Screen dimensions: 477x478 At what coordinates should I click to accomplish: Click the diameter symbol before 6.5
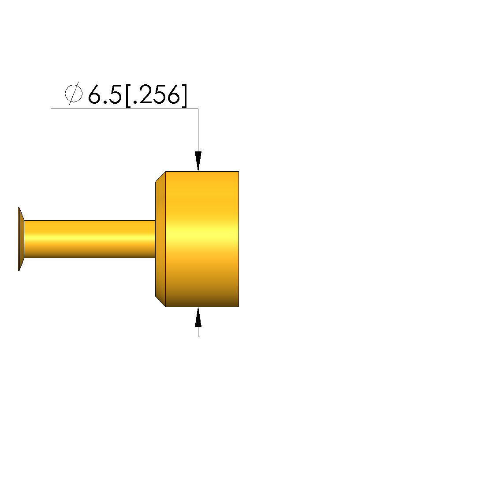73,94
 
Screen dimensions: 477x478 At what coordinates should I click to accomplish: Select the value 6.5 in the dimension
105,94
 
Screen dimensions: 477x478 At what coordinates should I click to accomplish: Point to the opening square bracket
128,96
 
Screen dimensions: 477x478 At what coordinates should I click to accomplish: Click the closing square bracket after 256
184,96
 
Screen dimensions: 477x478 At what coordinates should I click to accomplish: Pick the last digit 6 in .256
173,94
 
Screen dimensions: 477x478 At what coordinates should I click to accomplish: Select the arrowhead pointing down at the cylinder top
198,161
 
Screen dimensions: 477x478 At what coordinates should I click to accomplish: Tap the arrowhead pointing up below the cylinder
198,317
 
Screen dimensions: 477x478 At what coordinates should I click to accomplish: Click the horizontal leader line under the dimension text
124,109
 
